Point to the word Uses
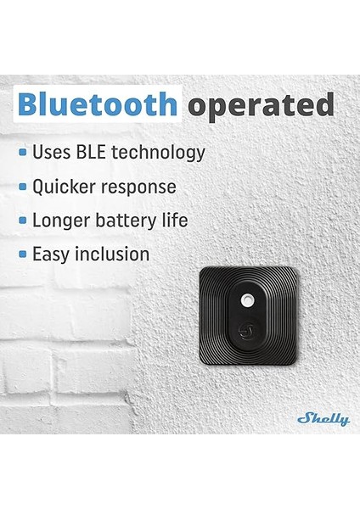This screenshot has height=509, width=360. tap(50, 153)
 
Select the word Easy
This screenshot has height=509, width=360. tap(51, 254)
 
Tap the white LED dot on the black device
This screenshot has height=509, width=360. tap(248, 300)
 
